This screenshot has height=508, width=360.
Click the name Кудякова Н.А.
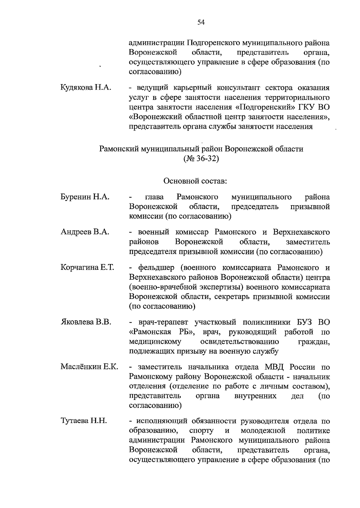click(x=86, y=88)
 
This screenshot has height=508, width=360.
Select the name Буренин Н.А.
click(x=85, y=197)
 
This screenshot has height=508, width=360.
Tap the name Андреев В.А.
click(x=85, y=232)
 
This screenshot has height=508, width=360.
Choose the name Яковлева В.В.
click(x=86, y=322)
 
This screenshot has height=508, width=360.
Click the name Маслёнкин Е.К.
click(x=89, y=367)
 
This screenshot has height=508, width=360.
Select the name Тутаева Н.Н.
click(x=84, y=421)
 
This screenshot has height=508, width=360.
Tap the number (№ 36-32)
click(x=201, y=159)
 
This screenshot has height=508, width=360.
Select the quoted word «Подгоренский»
click(x=267, y=107)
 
